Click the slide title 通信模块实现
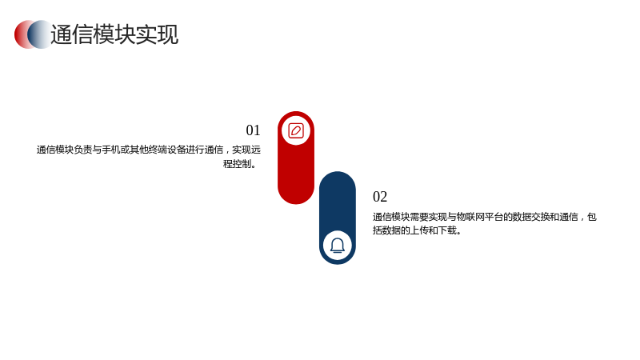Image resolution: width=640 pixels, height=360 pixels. pos(114,34)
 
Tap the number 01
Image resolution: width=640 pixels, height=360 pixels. pos(253,130)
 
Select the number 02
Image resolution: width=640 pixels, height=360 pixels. pos(380,197)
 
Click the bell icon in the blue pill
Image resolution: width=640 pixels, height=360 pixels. pos(338,246)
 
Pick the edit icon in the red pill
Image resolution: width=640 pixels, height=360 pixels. pos(296,130)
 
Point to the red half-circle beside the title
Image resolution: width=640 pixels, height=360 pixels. pos(21,34)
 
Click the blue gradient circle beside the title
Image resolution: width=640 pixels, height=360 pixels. pos(40,34)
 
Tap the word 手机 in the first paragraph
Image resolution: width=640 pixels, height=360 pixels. pos(111,150)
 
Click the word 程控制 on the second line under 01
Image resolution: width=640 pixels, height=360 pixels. pos(237,164)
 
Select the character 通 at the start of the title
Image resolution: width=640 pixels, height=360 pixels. pos(62,34)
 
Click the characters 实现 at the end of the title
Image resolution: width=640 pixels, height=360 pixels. pos(157,34)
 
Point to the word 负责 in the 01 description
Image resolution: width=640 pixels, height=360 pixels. pos(83,150)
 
